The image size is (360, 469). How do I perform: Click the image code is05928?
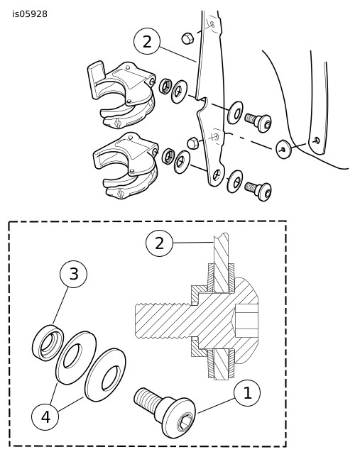click(x=30, y=14)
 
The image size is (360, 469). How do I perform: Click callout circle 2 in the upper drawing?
click(x=147, y=41)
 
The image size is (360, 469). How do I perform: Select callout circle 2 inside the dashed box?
click(x=159, y=243)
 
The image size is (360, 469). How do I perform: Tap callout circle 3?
click(x=74, y=274)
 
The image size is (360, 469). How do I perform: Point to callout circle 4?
click(x=45, y=416)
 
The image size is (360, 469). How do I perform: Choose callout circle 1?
click(x=247, y=393)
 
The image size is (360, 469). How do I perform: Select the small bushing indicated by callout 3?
click(x=48, y=342)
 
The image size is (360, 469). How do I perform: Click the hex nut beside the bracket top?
click(x=187, y=38)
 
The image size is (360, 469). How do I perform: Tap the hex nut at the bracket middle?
click(x=193, y=143)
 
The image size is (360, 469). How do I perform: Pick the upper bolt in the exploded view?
click(x=258, y=121)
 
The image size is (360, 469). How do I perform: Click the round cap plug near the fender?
click(x=283, y=149)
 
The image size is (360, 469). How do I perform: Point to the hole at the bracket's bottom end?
click(x=217, y=175)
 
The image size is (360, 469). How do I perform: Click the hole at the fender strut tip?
click(x=317, y=140)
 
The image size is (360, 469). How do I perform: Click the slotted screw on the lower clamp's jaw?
click(x=119, y=193)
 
